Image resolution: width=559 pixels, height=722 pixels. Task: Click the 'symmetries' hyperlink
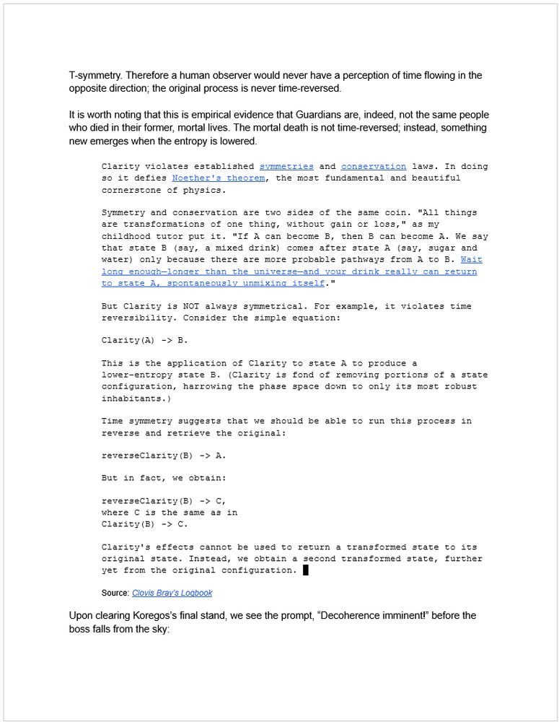(286, 167)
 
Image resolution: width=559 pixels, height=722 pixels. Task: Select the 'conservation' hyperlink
(374, 167)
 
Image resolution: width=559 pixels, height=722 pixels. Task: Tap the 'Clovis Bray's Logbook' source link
(172, 593)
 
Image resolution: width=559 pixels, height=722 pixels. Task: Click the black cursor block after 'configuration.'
(306, 570)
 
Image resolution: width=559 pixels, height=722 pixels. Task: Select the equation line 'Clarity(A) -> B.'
(144, 340)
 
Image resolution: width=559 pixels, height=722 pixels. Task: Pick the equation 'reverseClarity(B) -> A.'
(164, 456)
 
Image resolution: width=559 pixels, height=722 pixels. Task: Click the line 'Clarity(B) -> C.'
(144, 524)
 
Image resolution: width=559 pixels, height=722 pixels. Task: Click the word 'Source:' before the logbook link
(115, 593)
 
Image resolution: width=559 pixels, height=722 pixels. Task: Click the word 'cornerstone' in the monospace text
(131, 190)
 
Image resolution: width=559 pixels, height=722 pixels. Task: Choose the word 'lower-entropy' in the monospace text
(137, 375)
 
